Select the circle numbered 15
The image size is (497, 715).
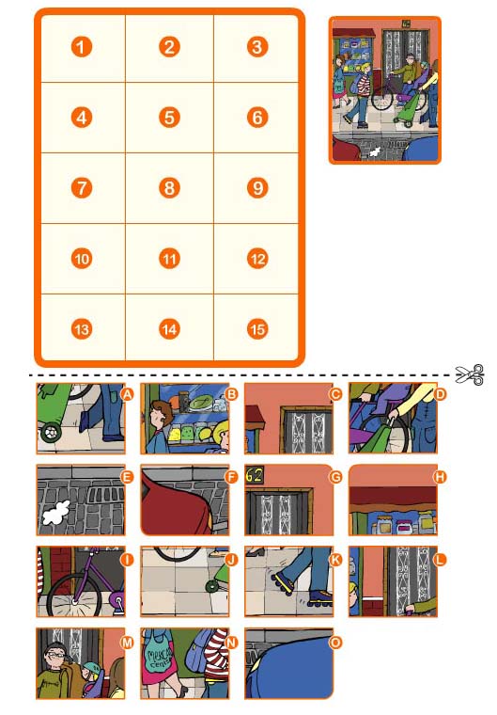[x=257, y=329]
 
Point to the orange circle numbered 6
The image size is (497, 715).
[x=257, y=118]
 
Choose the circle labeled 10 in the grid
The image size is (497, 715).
[x=83, y=259]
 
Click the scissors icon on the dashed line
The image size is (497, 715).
[x=469, y=375]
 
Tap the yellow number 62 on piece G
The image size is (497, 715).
[x=255, y=476]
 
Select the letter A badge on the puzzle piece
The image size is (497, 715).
[x=127, y=394]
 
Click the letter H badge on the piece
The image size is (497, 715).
[x=438, y=476]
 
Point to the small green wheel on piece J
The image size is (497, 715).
[x=215, y=587]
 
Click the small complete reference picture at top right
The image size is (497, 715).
[x=384, y=90]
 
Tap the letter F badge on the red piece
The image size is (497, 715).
[x=231, y=476]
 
